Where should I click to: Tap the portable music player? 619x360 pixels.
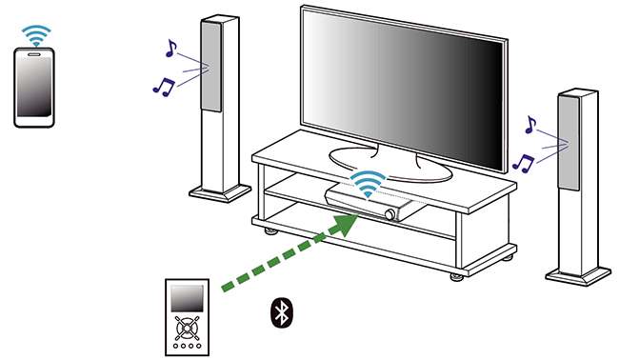[x=186, y=318]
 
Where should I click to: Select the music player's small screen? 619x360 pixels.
[x=186, y=302]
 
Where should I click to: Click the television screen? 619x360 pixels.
[x=400, y=81]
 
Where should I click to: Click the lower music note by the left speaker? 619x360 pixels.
[x=163, y=85]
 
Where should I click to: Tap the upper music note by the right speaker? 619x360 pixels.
[x=530, y=124]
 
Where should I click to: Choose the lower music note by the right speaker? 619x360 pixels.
[x=522, y=161]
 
